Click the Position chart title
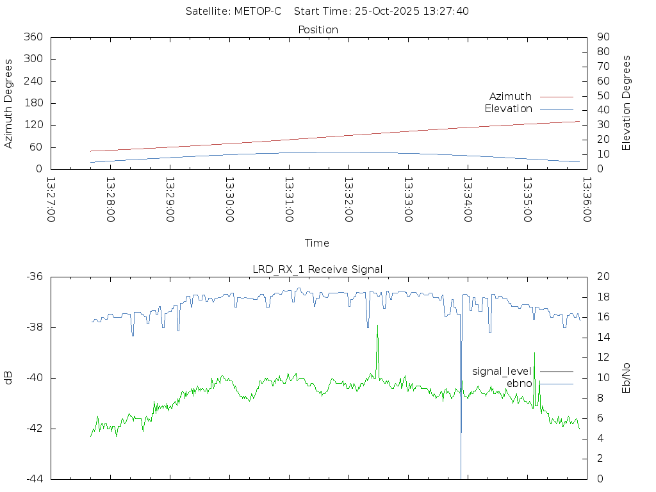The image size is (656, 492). click(x=318, y=29)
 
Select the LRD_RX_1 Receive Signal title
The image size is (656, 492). click(x=318, y=269)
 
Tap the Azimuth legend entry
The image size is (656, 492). click(x=511, y=96)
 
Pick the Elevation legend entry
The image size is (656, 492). click(x=508, y=108)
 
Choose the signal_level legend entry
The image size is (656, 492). click(x=502, y=371)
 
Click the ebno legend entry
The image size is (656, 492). click(x=519, y=383)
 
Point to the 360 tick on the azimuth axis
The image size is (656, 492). click(x=33, y=37)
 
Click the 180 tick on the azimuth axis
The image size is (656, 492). click(x=33, y=103)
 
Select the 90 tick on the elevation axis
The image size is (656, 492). click(x=602, y=37)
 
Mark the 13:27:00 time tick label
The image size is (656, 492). click(x=51, y=200)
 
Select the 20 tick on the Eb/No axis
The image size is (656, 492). click(x=603, y=277)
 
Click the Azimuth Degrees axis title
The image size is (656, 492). click(x=8, y=103)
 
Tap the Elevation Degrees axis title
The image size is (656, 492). click(x=627, y=102)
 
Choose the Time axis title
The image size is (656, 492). click(x=317, y=243)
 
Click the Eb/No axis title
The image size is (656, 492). click(x=627, y=378)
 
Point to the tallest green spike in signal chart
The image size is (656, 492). click(x=377, y=326)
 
